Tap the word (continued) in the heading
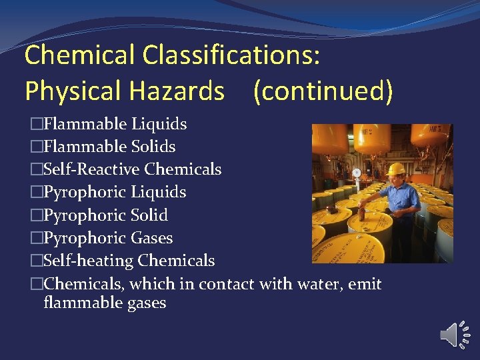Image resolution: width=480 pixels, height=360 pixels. click(323, 91)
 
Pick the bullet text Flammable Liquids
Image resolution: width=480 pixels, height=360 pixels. click(115, 124)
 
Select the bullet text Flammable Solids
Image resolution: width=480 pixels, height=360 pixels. click(109, 147)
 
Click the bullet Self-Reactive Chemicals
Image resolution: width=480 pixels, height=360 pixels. click(132, 169)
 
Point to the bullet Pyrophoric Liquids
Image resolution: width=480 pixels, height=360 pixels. click(115, 192)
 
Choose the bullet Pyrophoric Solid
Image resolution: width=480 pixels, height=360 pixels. click(105, 215)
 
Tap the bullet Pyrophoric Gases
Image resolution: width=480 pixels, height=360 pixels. click(108, 238)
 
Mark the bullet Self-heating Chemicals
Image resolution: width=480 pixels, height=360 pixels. click(129, 261)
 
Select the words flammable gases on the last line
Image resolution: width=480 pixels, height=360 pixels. click(105, 303)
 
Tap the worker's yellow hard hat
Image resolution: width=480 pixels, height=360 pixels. click(397, 169)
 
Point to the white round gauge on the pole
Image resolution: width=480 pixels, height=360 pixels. click(357, 172)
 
